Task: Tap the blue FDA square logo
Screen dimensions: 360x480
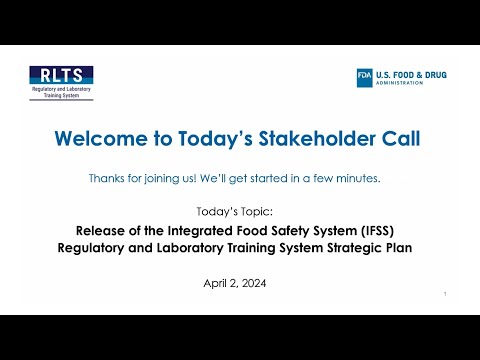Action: (366, 78)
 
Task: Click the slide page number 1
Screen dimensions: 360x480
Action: (443, 295)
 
